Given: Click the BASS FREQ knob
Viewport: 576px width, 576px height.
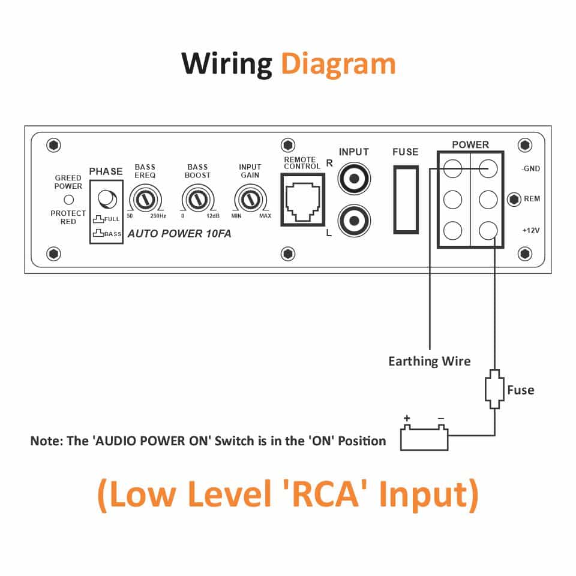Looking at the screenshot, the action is point(145,200).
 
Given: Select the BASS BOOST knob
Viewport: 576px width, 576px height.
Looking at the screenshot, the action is point(197,200).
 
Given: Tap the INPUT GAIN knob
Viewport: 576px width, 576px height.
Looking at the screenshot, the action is point(250,200).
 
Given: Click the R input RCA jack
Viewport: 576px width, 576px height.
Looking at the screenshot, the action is point(354,179).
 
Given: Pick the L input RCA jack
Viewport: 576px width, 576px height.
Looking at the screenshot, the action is point(354,221).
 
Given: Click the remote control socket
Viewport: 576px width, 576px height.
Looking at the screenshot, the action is point(303,200).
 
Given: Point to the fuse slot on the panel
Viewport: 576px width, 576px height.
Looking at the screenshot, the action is point(406,200).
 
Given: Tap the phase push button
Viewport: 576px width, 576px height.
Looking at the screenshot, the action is point(107,199).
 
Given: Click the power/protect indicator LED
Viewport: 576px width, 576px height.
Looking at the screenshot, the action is point(69,200).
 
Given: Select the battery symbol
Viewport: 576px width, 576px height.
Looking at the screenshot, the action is point(424,438).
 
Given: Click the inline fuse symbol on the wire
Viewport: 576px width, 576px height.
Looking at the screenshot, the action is point(494,390).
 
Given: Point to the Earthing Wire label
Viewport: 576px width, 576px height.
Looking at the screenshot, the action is point(429,361).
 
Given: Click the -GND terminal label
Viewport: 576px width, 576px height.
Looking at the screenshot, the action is point(530,168).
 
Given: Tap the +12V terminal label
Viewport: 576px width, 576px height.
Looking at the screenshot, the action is point(531,231).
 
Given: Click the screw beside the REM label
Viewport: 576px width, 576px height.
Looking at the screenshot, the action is point(514,200).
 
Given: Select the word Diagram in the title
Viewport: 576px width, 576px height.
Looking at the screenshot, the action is point(338,64).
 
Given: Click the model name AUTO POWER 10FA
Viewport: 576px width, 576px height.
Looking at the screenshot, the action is point(179,234).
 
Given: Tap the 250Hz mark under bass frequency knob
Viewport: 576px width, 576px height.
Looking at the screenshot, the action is point(158,216).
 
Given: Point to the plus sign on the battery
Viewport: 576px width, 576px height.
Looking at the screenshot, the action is point(407,418).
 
